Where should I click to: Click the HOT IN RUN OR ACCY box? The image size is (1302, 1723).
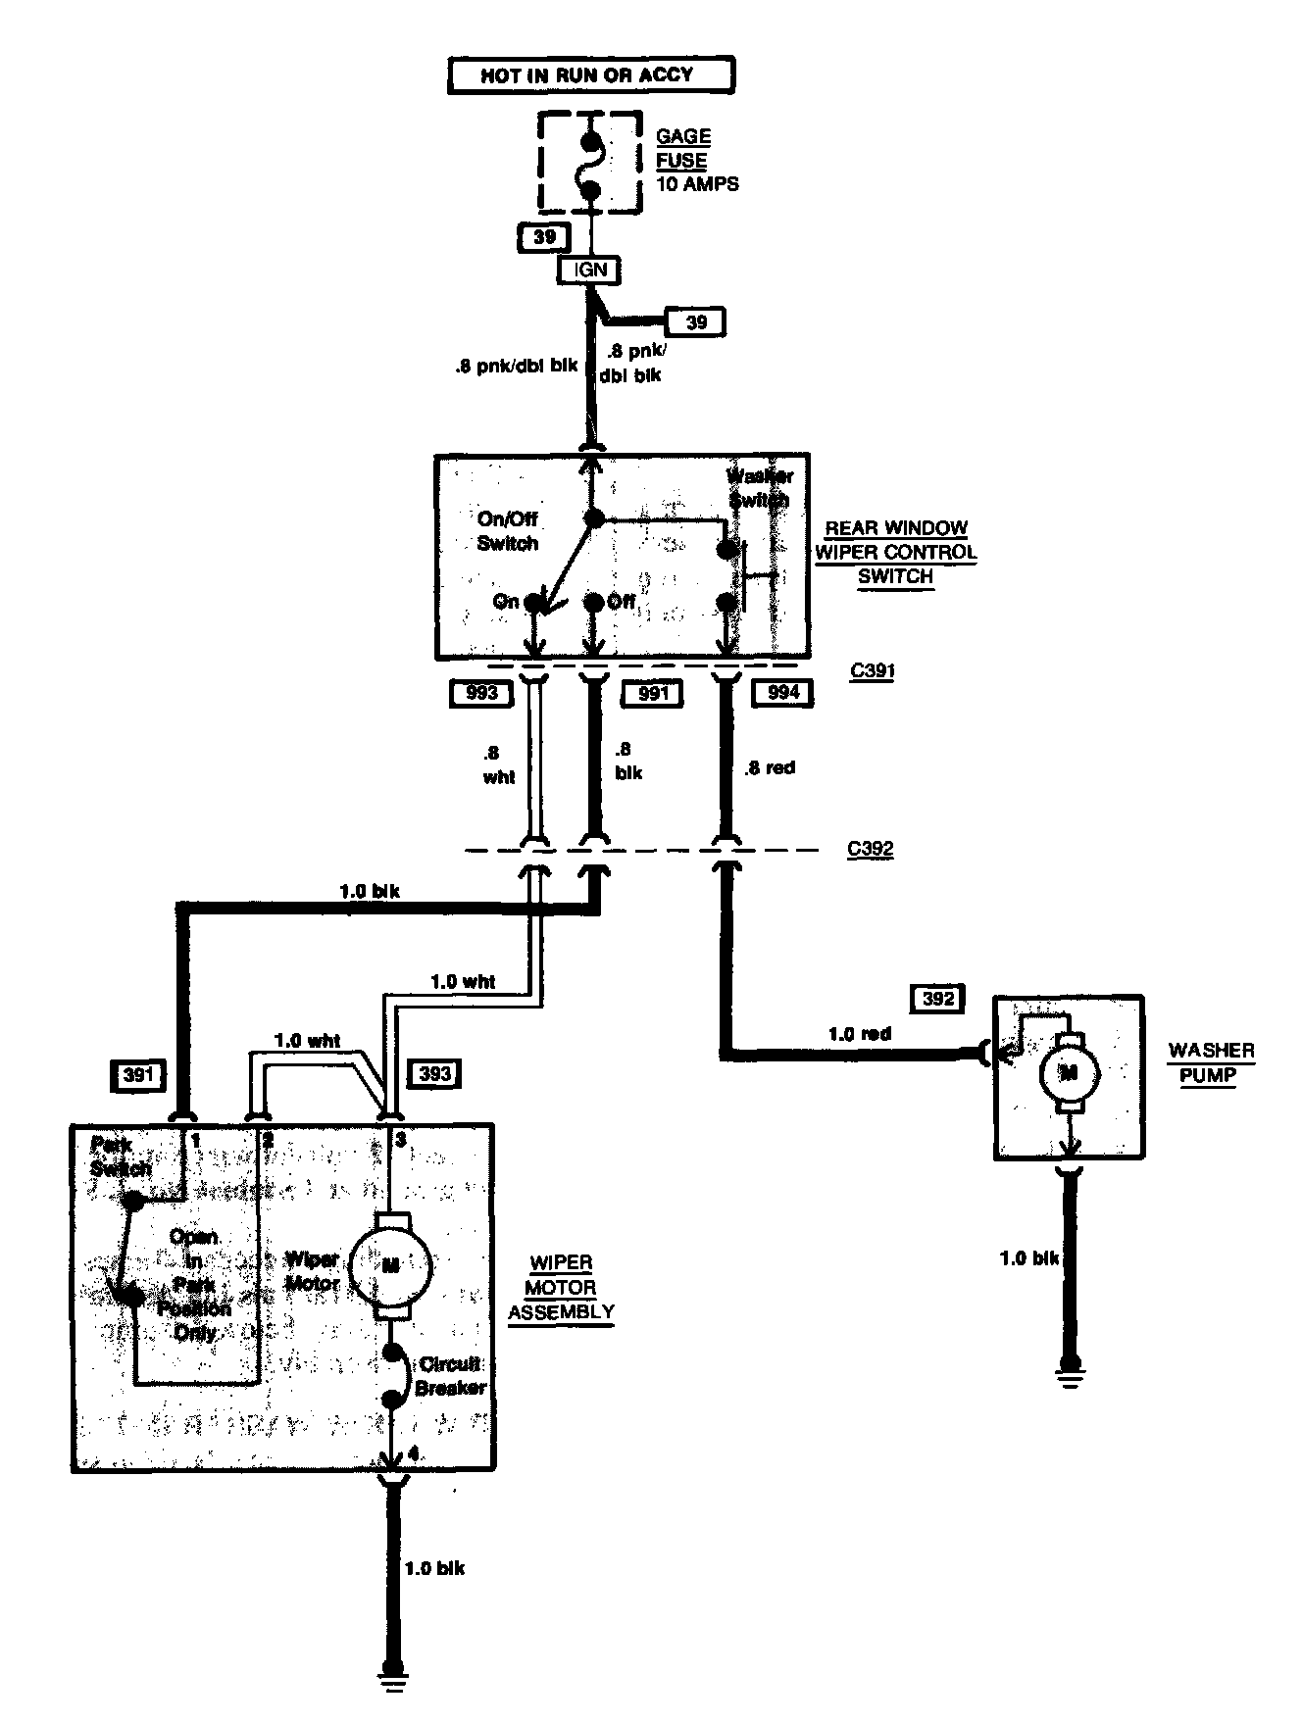[590, 75]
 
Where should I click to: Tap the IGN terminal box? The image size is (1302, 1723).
[589, 270]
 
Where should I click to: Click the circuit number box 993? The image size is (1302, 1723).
[480, 694]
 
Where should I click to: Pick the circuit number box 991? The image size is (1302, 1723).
[652, 694]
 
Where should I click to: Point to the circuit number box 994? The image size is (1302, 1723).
[783, 693]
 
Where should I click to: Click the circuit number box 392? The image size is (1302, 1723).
[938, 999]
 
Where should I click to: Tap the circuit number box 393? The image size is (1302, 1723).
[434, 1074]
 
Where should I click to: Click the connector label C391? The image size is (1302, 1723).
[871, 672]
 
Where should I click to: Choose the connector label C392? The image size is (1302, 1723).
[871, 849]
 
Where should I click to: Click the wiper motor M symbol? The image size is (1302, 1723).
[390, 1264]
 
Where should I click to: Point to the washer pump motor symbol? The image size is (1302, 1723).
[1070, 1072]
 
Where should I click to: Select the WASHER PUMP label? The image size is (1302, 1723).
[1211, 1062]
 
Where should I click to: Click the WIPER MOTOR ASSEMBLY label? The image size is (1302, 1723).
[561, 1287]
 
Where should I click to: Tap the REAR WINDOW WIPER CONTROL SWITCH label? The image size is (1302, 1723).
[895, 552]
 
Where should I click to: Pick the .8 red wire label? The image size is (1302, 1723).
[770, 767]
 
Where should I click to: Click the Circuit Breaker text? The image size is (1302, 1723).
[450, 1375]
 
